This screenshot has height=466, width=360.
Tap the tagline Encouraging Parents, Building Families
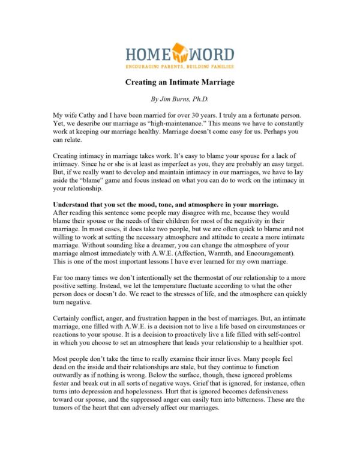coord(179,67)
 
